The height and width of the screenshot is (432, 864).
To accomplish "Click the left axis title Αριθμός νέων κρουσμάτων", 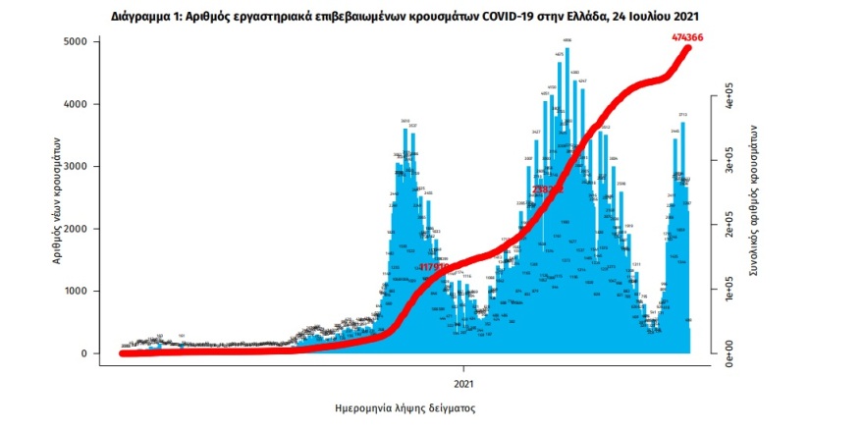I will pyautogui.click(x=59, y=198).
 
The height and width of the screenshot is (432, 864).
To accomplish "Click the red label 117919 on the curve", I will pyautogui.click(x=433, y=267).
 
